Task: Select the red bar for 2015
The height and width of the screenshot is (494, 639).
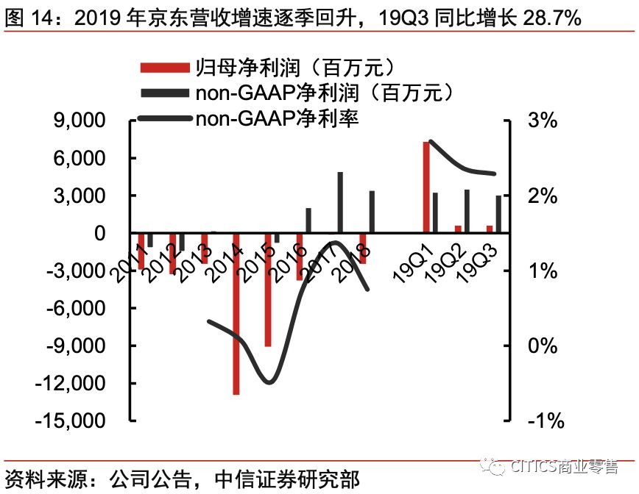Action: point(268,290)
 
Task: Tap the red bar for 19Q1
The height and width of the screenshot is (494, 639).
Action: point(426,187)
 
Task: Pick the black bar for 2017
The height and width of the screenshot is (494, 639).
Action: point(340,202)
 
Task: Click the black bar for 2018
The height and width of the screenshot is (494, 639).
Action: point(372,212)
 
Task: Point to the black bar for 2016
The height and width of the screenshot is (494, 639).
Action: point(308,221)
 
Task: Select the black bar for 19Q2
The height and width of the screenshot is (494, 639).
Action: point(467,211)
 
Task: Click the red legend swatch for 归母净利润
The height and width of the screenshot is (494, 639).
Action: point(163,68)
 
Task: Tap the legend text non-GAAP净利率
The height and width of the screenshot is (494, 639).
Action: point(277,117)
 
